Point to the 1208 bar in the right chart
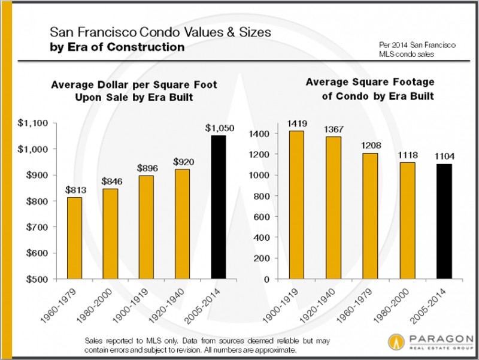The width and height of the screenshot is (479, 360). click(371, 216)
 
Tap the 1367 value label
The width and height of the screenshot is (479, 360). click(335, 128)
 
